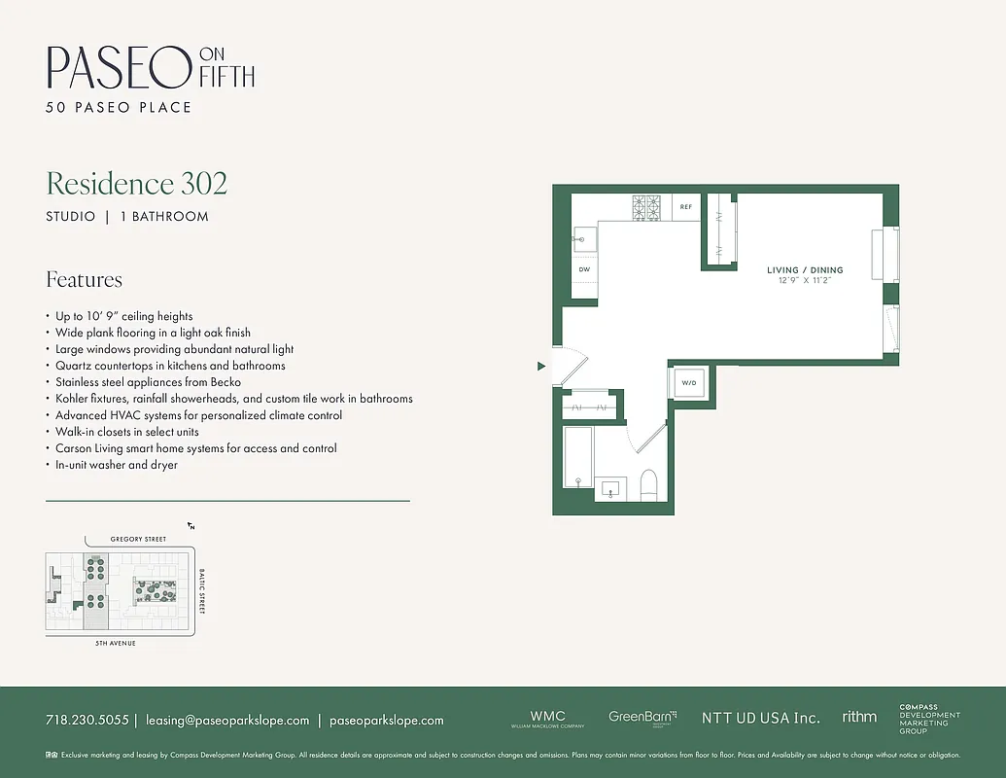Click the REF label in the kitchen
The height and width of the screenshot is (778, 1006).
click(685, 207)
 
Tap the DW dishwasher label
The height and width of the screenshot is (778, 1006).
click(584, 269)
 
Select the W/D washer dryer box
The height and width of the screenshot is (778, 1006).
click(689, 383)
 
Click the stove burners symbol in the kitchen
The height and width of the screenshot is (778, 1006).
click(646, 206)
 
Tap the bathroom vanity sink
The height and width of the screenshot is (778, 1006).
click(612, 487)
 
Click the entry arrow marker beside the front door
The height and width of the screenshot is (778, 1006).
click(541, 367)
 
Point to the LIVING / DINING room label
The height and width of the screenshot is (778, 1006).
click(805, 270)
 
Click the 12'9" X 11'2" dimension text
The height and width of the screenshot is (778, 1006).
click(805, 281)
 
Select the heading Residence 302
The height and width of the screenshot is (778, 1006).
click(137, 183)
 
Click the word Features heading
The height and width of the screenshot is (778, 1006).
click(85, 280)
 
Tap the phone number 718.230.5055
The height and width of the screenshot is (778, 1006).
click(87, 721)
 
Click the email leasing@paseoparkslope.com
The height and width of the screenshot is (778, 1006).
click(227, 721)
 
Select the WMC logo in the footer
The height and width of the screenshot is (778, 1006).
click(547, 716)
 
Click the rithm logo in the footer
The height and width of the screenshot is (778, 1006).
click(859, 717)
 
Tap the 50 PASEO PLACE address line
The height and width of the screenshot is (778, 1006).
click(119, 107)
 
